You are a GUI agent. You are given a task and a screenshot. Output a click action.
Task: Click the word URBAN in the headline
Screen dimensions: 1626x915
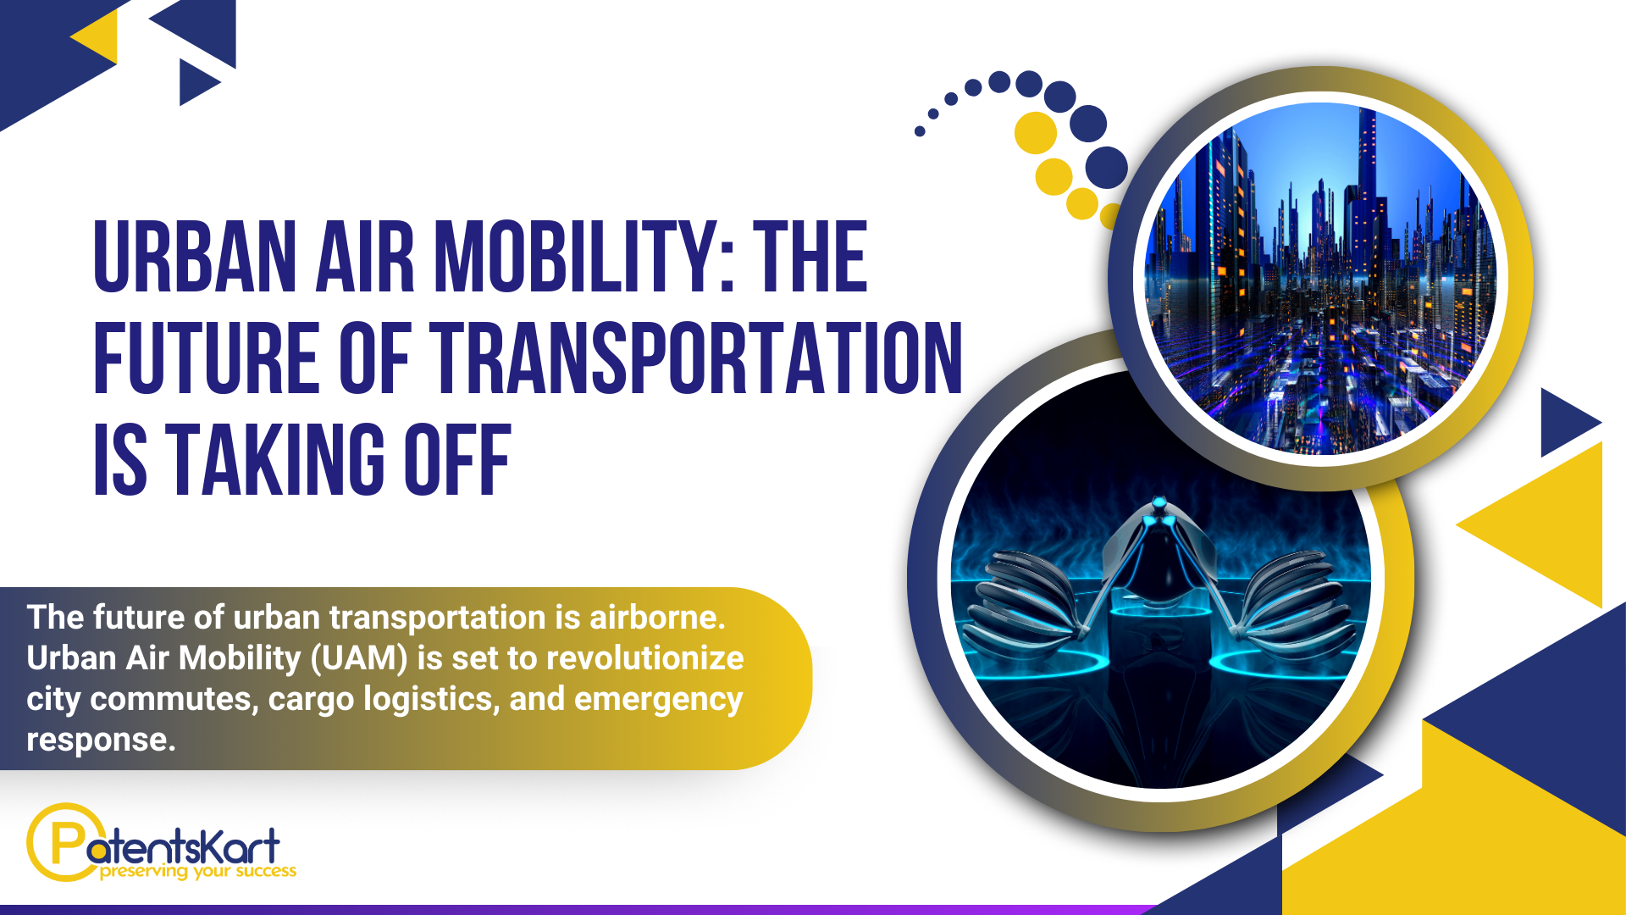pos(195,257)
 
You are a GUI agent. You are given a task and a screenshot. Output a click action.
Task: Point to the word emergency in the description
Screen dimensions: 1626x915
pos(658,700)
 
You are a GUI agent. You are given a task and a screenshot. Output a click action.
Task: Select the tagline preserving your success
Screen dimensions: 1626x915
pos(198,871)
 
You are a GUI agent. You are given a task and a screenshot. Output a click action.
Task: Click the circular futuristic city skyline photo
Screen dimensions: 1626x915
pos(1320,279)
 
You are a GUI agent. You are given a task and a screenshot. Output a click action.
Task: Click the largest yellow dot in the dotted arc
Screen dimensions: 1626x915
pos(1036,133)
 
